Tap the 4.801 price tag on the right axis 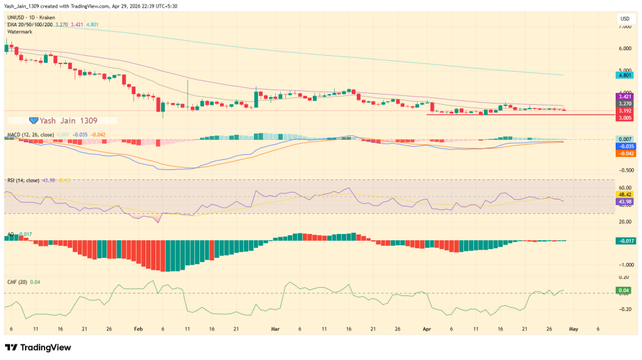(624, 75)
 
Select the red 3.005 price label (624, 117)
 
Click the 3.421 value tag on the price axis (624, 97)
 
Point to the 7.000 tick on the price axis (624, 27)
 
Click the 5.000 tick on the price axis (624, 70)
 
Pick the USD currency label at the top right (624, 18)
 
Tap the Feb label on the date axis (138, 328)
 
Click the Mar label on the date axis (275, 328)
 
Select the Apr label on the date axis (427, 328)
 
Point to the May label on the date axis (574, 328)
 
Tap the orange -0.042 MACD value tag (624, 153)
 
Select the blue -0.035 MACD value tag (624, 146)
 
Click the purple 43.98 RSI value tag (624, 201)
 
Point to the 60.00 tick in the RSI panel (624, 188)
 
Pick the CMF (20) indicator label (17, 282)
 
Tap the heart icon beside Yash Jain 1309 (34, 120)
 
